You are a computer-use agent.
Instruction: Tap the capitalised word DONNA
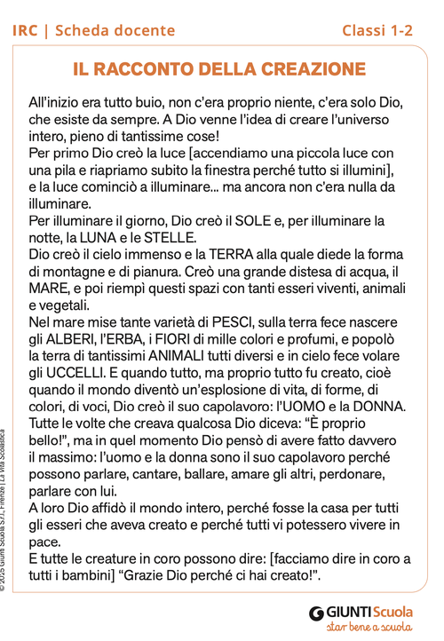coord(379,406)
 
